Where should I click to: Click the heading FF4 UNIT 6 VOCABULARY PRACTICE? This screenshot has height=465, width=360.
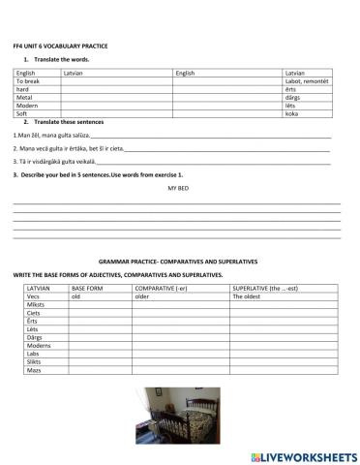click(x=60, y=46)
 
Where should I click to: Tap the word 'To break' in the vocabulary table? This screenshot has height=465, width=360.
click(x=29, y=82)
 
